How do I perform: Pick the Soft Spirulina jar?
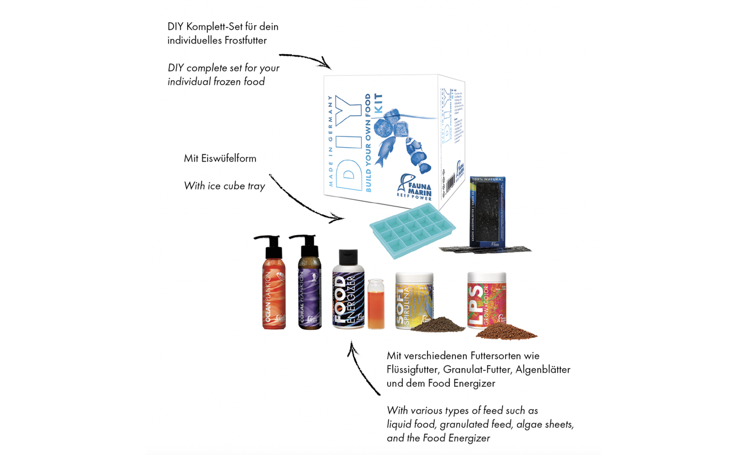tap(413, 300)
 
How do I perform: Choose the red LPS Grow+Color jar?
tap(486, 300)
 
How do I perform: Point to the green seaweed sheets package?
tap(487, 212)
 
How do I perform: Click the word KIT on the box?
tap(379, 103)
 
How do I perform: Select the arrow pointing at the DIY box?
tap(305, 59)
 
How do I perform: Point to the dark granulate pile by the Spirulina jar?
tap(437, 325)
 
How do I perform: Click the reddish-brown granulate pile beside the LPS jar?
tap(507, 332)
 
